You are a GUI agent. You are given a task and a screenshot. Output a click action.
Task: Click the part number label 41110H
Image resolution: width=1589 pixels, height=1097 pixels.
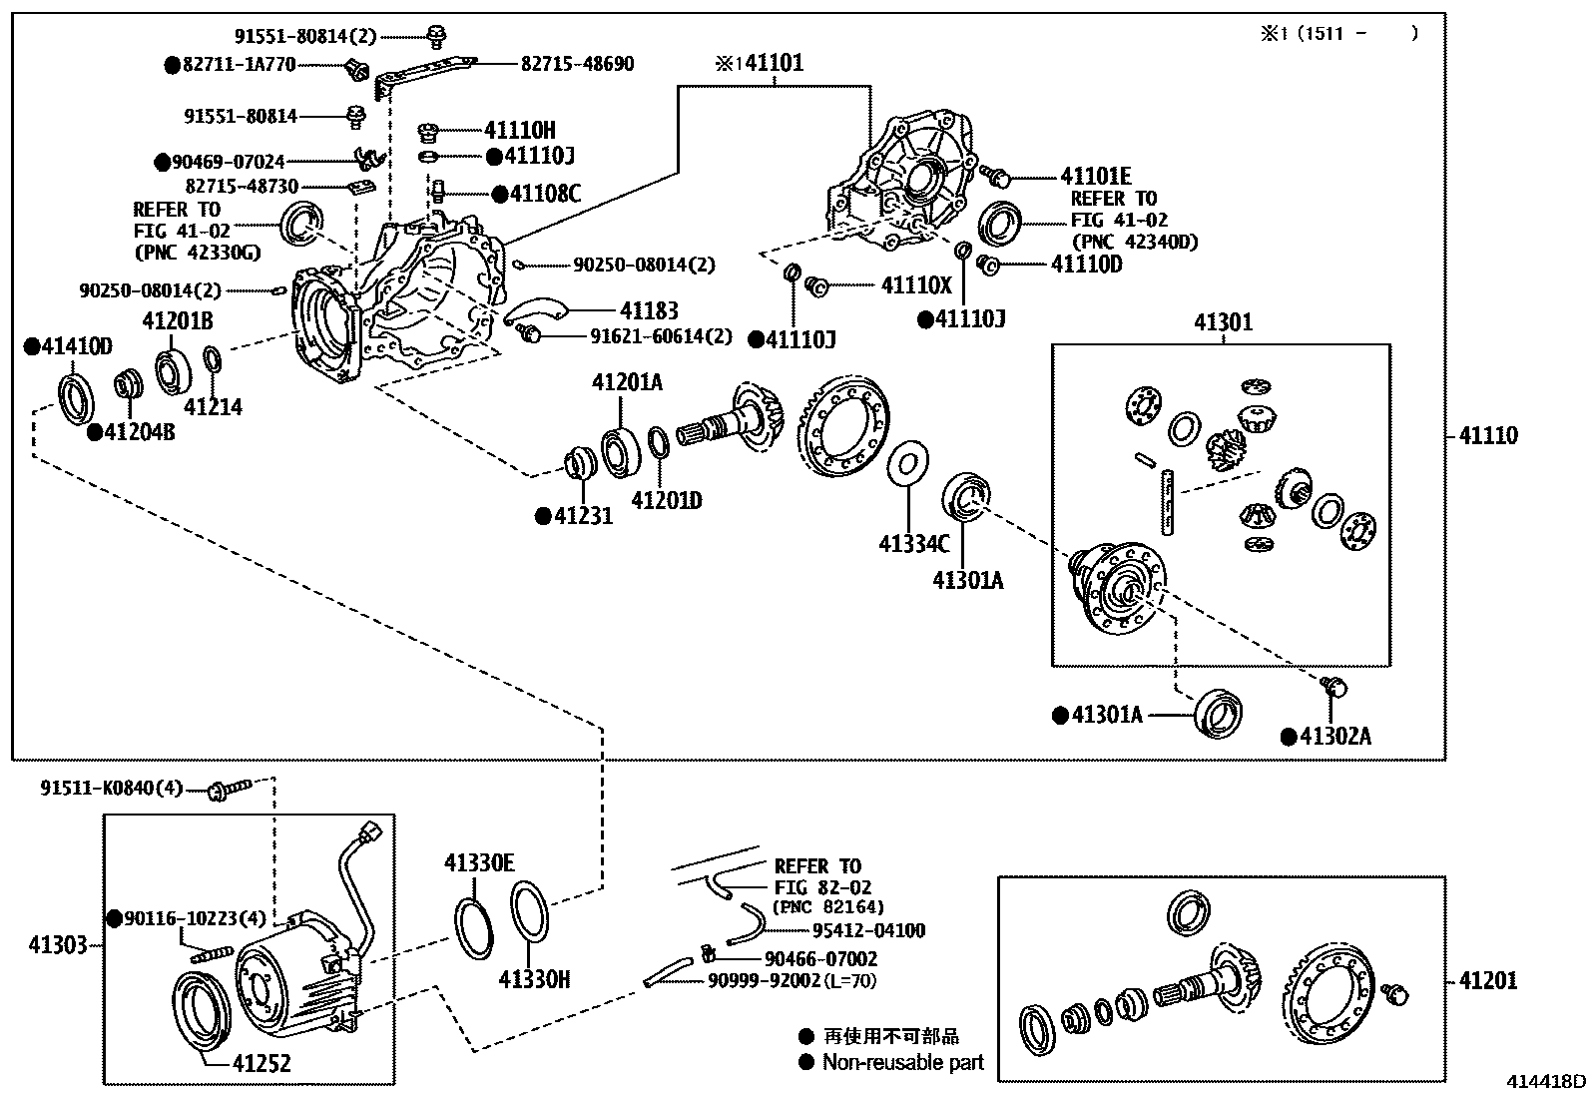[519, 130]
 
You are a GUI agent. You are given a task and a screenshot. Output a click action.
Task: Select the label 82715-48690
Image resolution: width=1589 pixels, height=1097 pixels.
[577, 64]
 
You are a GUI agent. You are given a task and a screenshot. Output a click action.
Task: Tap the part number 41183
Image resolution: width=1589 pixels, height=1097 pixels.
[648, 311]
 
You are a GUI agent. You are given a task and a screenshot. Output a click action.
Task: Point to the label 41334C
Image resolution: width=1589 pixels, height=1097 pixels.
[913, 543]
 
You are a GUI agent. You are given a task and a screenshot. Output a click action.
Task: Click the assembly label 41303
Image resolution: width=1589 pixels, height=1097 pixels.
[58, 943]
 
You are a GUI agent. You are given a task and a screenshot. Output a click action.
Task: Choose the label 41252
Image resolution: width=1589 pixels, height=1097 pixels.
[262, 1063]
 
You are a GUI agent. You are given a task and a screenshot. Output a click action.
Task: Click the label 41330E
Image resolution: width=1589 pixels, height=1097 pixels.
[479, 862]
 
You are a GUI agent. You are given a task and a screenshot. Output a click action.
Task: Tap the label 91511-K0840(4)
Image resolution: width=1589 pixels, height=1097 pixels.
[112, 789]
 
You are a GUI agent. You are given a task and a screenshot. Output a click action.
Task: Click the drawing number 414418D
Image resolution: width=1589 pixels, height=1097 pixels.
[1546, 1082]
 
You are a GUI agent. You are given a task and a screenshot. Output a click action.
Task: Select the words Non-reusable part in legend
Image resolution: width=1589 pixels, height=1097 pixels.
[902, 1063]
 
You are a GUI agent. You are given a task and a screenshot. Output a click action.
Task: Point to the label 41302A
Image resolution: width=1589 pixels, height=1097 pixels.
[1336, 737]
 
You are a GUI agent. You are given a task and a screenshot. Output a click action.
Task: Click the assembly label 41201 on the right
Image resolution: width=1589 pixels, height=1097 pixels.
[1487, 980]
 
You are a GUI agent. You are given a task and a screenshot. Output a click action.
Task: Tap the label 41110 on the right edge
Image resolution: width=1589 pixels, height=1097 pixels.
[1487, 435]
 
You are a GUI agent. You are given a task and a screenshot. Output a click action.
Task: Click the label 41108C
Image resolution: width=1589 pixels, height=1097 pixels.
[545, 193]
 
